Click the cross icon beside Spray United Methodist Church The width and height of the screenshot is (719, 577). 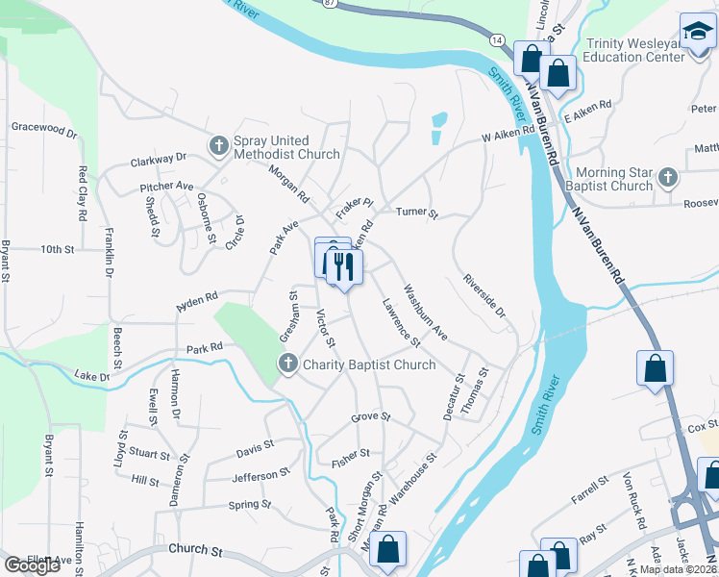(x=218, y=146)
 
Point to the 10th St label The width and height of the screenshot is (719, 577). (x=58, y=249)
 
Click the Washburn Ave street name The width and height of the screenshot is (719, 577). (x=425, y=312)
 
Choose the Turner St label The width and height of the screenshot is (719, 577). (x=417, y=213)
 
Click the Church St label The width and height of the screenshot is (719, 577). (x=195, y=551)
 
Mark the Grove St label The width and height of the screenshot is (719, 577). (x=370, y=417)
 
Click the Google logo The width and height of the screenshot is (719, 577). (x=32, y=565)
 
